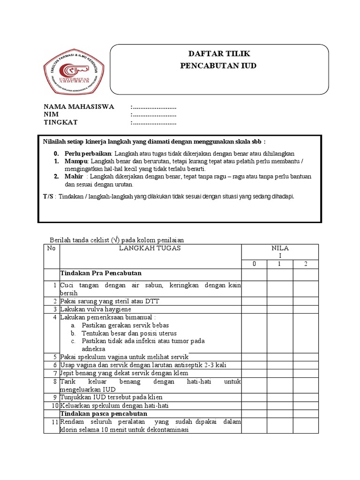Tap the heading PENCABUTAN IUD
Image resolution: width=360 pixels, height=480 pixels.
click(218, 66)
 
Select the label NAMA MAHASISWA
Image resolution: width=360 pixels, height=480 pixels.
click(79, 107)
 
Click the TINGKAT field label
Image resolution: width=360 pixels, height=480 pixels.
click(60, 123)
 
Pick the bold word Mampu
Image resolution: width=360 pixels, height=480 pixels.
click(76, 161)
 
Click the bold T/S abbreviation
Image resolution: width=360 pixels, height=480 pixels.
click(48, 196)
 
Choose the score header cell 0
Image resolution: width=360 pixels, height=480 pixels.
click(255, 264)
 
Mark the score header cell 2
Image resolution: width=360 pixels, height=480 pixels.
click(306, 264)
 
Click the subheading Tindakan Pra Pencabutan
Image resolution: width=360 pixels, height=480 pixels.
click(101, 273)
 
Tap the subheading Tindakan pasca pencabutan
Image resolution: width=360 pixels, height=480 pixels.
click(104, 414)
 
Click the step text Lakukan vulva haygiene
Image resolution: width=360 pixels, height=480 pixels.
click(96, 309)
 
